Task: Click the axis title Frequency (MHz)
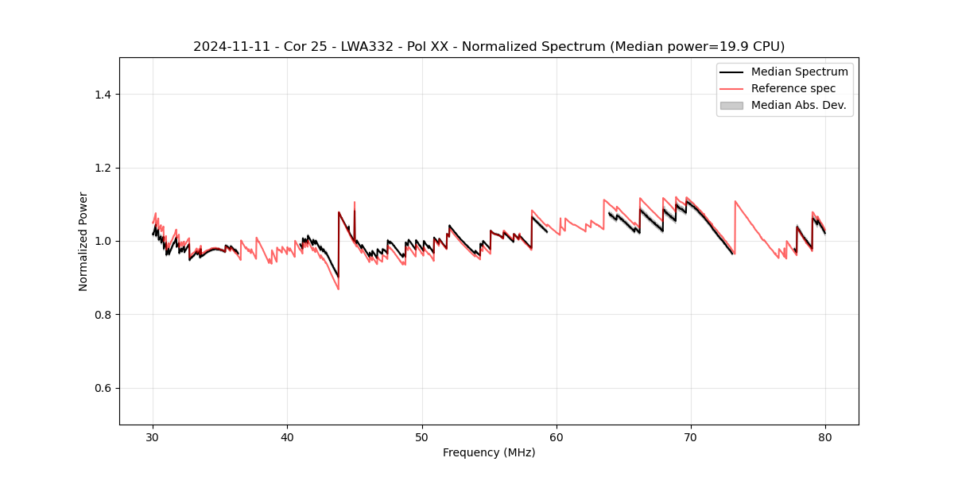point(489,452)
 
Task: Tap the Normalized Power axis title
point(83,241)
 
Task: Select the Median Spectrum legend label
point(799,72)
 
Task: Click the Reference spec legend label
point(793,88)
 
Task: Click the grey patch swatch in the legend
point(731,105)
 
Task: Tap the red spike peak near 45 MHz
point(355,202)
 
